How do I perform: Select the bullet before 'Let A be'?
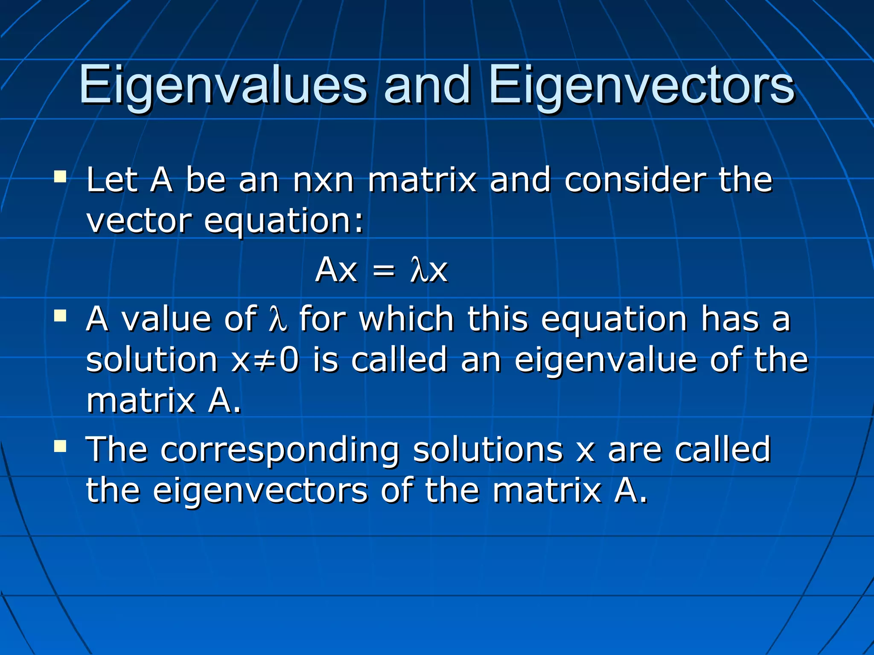[60, 176]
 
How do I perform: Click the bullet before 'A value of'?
[60, 316]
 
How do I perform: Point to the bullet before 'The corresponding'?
[60, 446]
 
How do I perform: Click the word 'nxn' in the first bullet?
[323, 180]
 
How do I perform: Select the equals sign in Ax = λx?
[383, 271]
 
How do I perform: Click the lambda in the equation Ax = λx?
[418, 270]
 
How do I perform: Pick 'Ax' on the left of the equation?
[336, 270]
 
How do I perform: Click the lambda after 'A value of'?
[277, 319]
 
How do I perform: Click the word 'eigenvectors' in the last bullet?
[260, 492]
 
